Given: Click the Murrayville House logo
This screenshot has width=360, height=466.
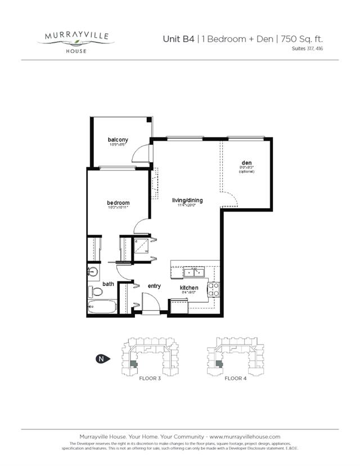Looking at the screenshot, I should pyautogui.click(x=79, y=41).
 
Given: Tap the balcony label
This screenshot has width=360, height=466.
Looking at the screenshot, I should pyautogui.click(x=118, y=140).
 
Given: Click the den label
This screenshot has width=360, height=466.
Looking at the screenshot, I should pyautogui.click(x=246, y=163).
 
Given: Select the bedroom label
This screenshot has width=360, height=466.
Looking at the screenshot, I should pyautogui.click(x=118, y=203).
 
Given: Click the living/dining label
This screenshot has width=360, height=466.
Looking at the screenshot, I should pyautogui.click(x=187, y=200).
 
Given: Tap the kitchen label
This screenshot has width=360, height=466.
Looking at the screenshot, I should pyautogui.click(x=189, y=288).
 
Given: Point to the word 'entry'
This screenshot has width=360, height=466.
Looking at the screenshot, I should pyautogui.click(x=154, y=286).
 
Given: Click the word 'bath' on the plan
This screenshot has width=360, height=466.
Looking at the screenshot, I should pyautogui.click(x=108, y=284).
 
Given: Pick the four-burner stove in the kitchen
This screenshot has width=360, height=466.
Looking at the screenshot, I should pyautogui.click(x=214, y=289).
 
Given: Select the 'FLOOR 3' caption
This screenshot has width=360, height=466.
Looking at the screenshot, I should pyautogui.click(x=151, y=379).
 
